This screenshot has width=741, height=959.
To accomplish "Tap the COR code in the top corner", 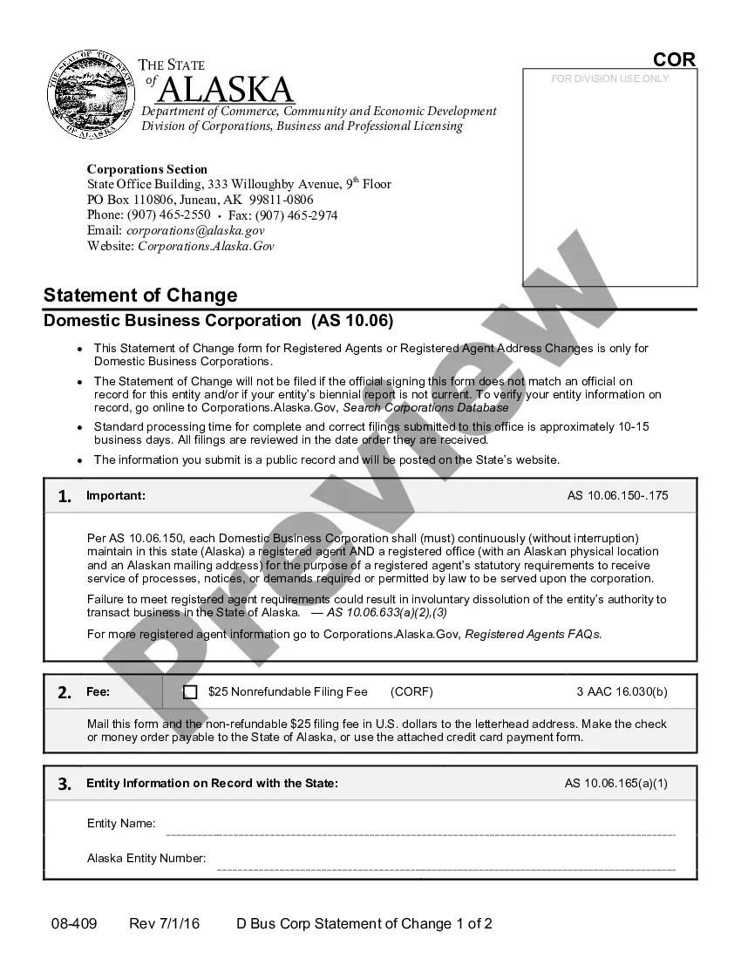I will click(674, 60).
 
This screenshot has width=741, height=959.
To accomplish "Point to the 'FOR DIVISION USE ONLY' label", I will click(610, 78).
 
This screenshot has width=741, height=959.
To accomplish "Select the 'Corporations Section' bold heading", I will click(147, 169).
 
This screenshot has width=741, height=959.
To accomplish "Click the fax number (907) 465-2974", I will click(297, 215).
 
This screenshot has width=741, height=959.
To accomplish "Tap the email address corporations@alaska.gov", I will click(195, 231).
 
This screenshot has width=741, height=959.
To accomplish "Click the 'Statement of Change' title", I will click(140, 295).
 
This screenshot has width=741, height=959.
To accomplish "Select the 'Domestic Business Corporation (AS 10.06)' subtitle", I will click(219, 321).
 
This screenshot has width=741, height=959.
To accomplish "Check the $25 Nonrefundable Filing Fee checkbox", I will click(190, 692).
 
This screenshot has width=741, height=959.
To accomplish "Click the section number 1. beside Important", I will click(65, 497).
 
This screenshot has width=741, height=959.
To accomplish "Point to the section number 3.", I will click(65, 784).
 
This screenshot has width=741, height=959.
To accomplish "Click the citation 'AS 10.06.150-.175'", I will click(617, 496).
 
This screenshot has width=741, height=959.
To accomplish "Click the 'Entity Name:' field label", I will click(121, 824).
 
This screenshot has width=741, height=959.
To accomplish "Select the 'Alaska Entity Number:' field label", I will click(146, 859).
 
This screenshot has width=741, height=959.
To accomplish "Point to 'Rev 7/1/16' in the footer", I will click(164, 924).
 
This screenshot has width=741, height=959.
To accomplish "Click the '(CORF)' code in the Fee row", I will click(411, 692).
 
